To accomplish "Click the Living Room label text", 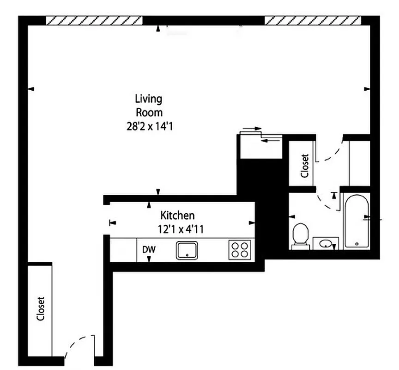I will tap(148, 105).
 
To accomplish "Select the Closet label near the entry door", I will tap(40, 308).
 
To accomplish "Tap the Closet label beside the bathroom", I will tap(304, 166).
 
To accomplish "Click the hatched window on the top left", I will tap(94, 20).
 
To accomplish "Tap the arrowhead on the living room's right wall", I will tap(367, 88).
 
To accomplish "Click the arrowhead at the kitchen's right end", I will tap(252, 223).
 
